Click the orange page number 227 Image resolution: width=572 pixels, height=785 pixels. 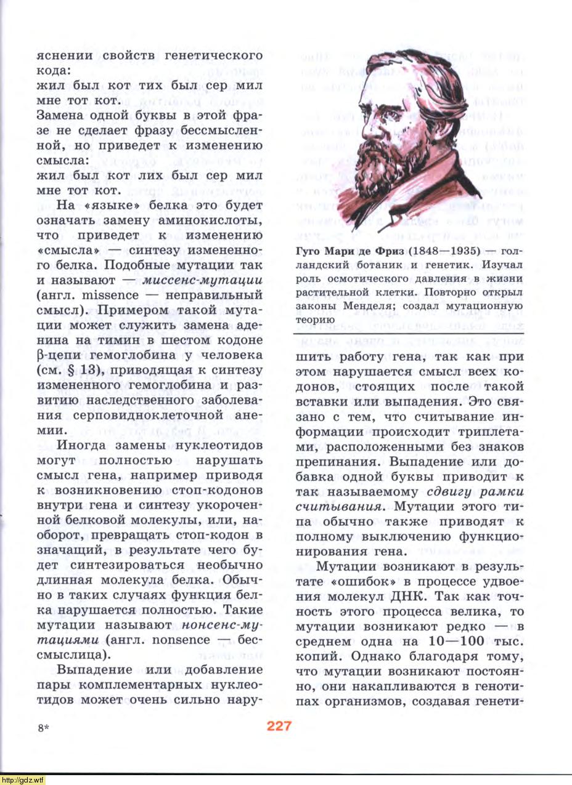click(x=279, y=727)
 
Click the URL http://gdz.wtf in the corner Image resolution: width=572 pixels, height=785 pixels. click(x=23, y=780)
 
